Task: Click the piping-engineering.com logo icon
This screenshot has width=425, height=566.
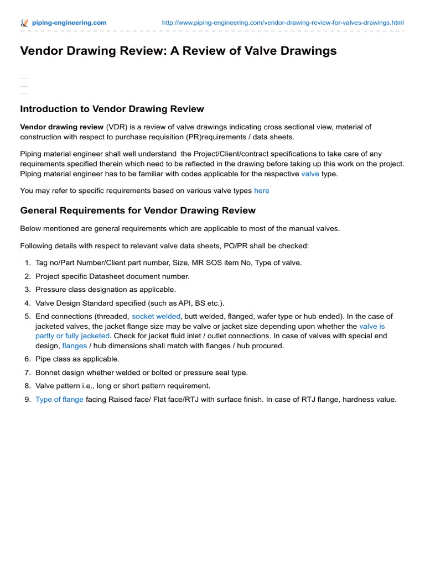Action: point(24,23)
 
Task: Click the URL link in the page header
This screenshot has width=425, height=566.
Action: point(282,23)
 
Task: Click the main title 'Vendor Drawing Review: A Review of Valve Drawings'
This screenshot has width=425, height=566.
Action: point(178,51)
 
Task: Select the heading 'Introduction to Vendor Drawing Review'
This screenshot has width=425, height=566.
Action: point(112,109)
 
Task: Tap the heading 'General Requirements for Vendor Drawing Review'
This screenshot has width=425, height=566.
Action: point(138,210)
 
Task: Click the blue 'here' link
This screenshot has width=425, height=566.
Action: point(262,191)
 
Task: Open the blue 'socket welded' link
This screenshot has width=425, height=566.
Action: point(156,317)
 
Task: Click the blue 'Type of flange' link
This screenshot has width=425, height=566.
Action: point(59,400)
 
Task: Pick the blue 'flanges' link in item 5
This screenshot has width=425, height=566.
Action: point(75,345)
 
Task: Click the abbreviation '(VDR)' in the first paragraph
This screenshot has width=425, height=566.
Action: point(120,127)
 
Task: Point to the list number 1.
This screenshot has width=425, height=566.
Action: point(27,263)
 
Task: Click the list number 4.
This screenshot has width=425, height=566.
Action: point(27,303)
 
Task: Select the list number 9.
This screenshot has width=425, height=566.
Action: point(27,400)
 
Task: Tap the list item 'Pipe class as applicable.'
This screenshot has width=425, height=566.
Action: point(77,359)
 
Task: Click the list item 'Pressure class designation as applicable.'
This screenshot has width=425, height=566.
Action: point(106,290)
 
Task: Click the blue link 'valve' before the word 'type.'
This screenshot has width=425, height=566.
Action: point(310,174)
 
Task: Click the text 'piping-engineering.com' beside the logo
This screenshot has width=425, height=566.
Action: point(69,23)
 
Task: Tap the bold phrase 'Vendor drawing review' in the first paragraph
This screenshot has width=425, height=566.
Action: point(61,127)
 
